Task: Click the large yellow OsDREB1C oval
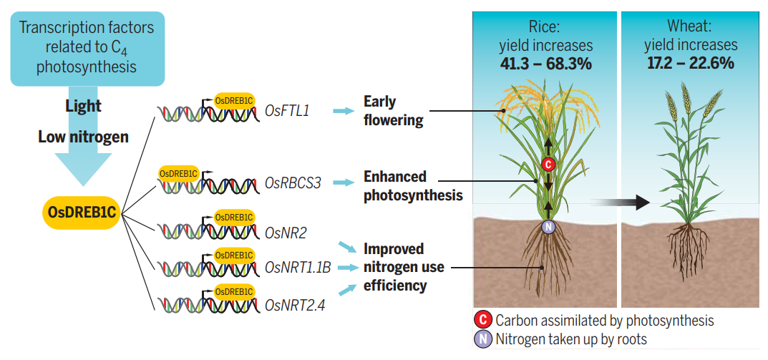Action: point(82,212)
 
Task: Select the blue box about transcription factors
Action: point(87,48)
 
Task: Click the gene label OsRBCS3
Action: point(293,183)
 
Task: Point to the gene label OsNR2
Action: point(286,233)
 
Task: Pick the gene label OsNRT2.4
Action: point(294,305)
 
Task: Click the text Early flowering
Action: point(393,111)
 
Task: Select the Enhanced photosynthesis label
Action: point(413,185)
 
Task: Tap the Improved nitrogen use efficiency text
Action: point(404,267)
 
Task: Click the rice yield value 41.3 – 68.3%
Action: point(545,64)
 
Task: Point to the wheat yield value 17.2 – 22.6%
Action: point(691,64)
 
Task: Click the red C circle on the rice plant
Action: point(548,165)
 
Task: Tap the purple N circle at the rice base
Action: point(548,227)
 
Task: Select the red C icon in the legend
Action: point(483,321)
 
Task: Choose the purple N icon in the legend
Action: point(483,339)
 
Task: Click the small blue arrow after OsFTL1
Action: point(344,111)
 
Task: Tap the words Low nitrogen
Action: point(83,137)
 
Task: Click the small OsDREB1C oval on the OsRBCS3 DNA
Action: point(178,173)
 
